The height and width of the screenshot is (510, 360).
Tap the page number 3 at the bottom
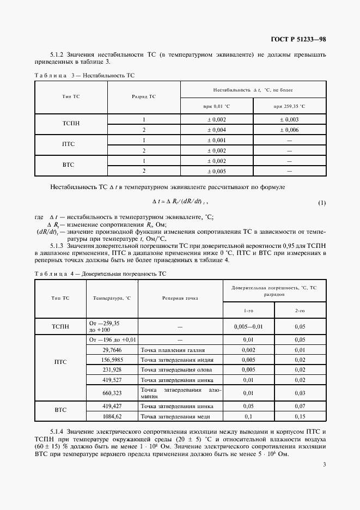pyautogui.click(x=324, y=464)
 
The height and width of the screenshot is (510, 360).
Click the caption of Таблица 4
pyautogui.click(x=100, y=274)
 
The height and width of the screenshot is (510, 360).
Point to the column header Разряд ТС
pyautogui.click(x=144, y=96)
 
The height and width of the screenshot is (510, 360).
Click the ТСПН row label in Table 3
pyautogui.click(x=71, y=124)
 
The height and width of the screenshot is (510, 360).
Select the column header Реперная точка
pyautogui.click(x=180, y=298)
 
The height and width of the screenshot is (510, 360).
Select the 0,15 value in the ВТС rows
pyautogui.click(x=300, y=416)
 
